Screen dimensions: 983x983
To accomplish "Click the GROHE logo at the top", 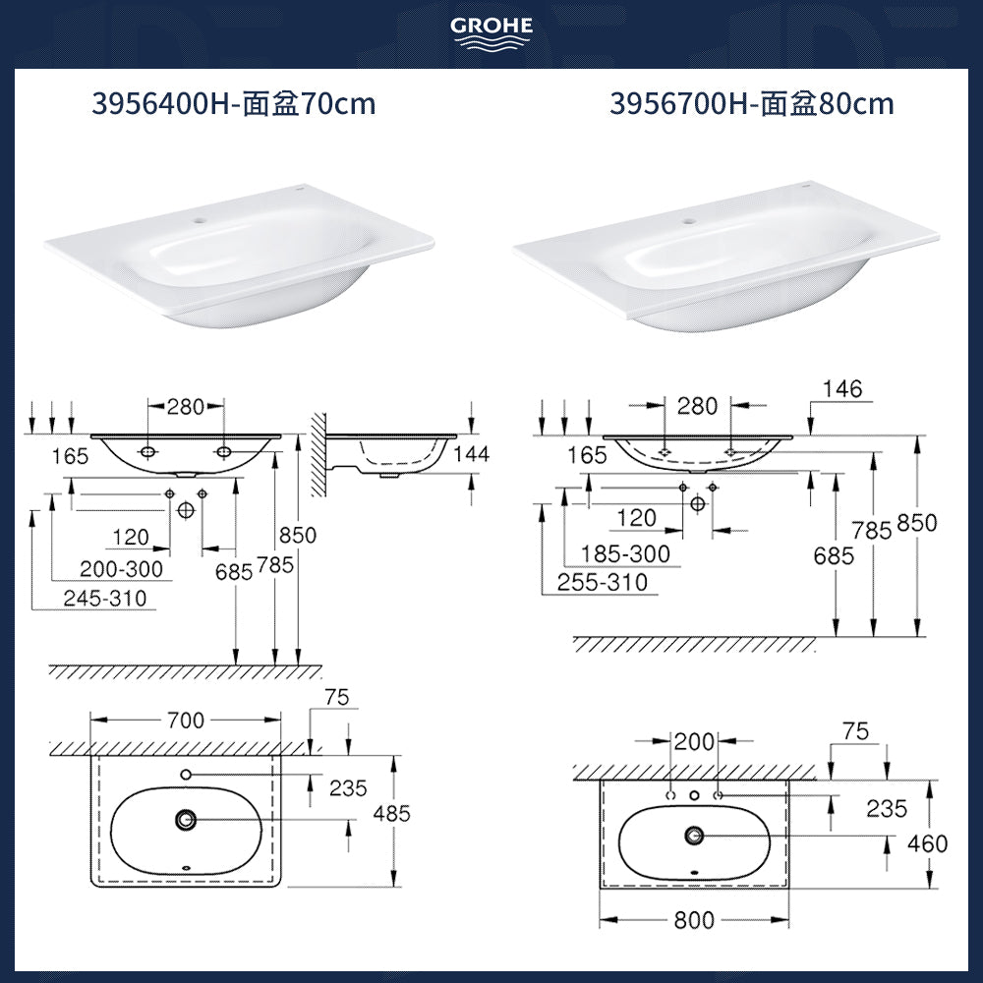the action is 491,31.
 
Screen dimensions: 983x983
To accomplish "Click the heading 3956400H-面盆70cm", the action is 234,103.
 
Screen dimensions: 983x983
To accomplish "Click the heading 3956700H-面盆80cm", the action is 752,103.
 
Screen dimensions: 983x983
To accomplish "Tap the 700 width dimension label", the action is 186,721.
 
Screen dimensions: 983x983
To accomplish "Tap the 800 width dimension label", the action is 694,920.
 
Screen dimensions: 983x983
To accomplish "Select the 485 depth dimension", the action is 391,814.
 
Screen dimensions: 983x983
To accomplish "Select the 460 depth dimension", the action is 927,843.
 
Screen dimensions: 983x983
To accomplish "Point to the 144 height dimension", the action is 472,454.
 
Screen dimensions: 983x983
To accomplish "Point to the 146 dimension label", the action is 842,388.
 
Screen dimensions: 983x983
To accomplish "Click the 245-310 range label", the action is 105,598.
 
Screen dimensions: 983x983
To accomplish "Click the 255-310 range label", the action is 603,582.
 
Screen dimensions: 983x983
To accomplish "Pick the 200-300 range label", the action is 121,569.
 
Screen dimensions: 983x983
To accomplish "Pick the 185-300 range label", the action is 625,554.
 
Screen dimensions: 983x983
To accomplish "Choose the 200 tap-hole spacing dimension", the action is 694,742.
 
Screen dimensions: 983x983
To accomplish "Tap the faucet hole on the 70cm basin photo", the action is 200,221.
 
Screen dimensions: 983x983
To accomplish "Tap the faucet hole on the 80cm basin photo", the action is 688,221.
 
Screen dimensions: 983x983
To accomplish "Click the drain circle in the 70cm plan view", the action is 186,819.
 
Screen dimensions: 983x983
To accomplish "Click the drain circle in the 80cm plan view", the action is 694,835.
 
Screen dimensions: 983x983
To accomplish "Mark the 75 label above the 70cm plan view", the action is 336,697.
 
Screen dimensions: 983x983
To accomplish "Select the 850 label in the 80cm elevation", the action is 916,523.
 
